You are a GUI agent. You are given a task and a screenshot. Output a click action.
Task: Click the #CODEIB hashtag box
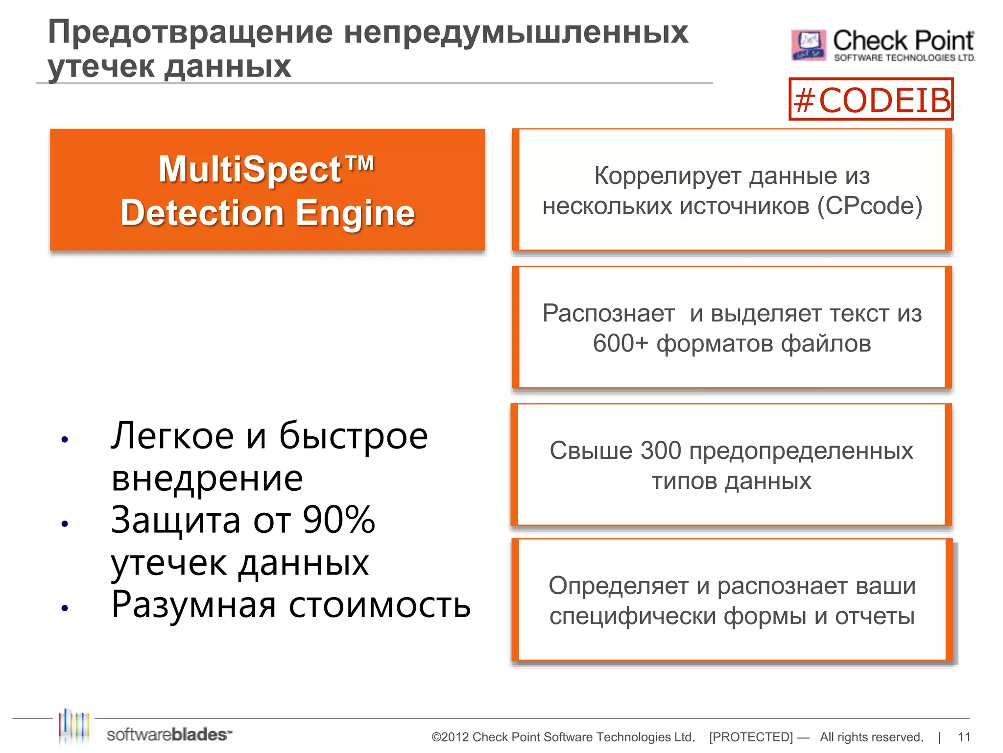tap(871, 100)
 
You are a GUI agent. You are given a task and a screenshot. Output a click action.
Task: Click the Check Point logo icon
tap(808, 45)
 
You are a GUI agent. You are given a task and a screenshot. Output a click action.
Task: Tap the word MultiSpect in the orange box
tap(250, 170)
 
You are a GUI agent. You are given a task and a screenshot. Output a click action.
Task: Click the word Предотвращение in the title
tap(190, 32)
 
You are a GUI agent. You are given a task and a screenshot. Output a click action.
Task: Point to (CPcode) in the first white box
tap(869, 206)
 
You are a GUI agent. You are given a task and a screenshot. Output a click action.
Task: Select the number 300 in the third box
tap(660, 451)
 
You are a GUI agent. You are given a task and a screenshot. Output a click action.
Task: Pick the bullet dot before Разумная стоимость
tap(65, 608)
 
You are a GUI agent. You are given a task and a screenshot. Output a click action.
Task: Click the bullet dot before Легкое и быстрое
tap(65, 439)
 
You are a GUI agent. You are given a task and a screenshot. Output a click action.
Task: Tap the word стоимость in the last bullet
tap(379, 605)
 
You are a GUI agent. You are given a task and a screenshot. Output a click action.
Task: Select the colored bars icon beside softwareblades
tap(74, 727)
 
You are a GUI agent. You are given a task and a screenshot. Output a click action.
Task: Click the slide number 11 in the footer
tap(964, 737)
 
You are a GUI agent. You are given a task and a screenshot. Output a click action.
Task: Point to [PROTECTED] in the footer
tap(750, 737)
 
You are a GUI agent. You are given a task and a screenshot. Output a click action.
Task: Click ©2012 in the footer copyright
tap(450, 737)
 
